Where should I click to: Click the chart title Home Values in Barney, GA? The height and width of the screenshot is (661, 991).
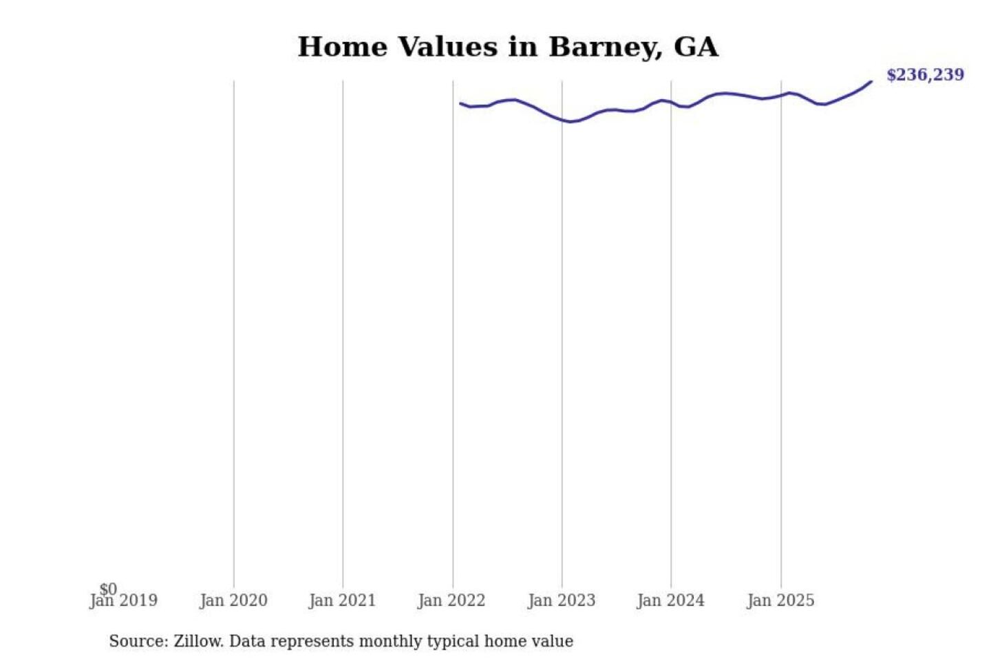pyautogui.click(x=508, y=47)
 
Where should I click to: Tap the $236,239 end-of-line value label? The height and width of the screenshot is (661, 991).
pyautogui.click(x=925, y=74)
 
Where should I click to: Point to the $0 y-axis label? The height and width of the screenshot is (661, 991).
pyautogui.click(x=108, y=589)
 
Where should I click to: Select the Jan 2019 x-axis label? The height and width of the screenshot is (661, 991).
pyautogui.click(x=124, y=600)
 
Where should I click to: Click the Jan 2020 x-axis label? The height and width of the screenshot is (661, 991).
pyautogui.click(x=233, y=600)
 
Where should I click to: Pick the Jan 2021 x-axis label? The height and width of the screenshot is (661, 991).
pyautogui.click(x=342, y=600)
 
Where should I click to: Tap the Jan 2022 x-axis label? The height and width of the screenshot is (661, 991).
pyautogui.click(x=451, y=600)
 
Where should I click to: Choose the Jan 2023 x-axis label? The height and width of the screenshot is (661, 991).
pyautogui.click(x=561, y=600)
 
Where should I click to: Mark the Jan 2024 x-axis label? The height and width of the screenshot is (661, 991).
pyautogui.click(x=670, y=600)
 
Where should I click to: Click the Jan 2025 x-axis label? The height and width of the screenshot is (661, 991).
pyautogui.click(x=780, y=600)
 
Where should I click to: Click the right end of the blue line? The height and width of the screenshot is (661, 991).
pyautogui.click(x=871, y=82)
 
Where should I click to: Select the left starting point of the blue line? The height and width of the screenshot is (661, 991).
pyautogui.click(x=460, y=103)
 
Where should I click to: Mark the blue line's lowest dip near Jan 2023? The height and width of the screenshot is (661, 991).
pyautogui.click(x=571, y=122)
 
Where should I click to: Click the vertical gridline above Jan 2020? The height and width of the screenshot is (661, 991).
pyautogui.click(x=234, y=330)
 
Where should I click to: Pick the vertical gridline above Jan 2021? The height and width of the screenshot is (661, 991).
pyautogui.click(x=343, y=330)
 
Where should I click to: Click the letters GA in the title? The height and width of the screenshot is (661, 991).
pyautogui.click(x=696, y=47)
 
